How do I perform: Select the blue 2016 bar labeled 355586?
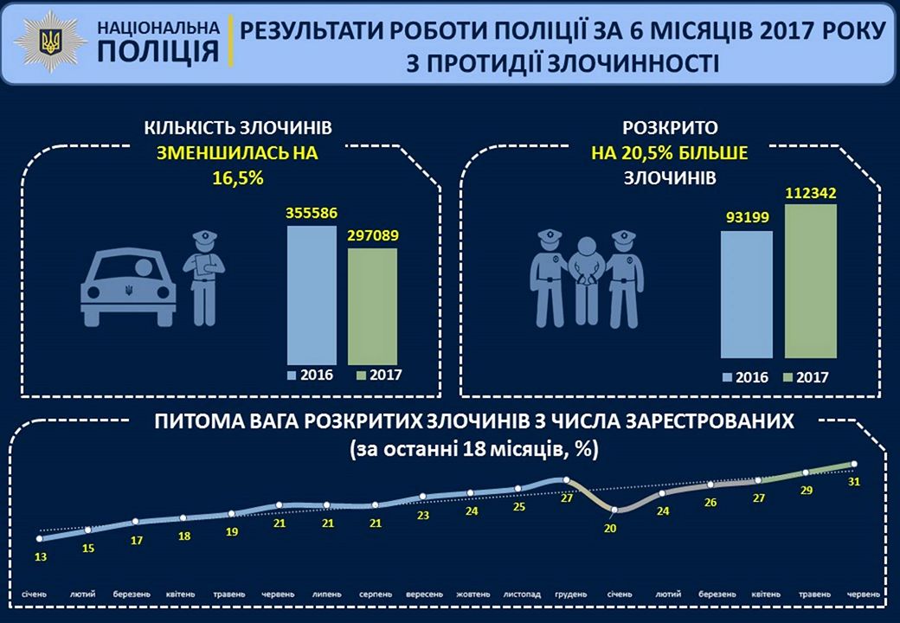(312, 294)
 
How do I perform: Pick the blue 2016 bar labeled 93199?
(746, 294)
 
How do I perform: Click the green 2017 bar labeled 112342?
(812, 281)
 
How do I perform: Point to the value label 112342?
(812, 193)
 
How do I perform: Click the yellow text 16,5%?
(237, 179)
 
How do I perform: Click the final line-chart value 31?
(853, 482)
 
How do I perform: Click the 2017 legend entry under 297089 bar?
(379, 376)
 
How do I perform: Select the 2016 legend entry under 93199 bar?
(745, 376)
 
